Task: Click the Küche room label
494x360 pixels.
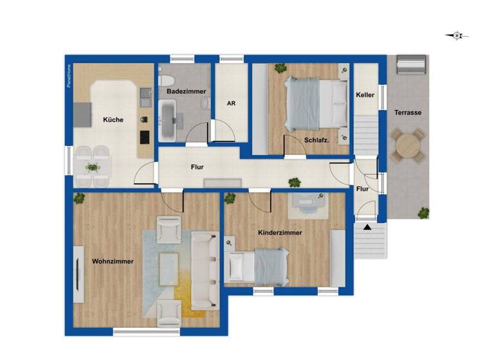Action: (x=113, y=120)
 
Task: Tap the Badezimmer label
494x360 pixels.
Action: (x=186, y=92)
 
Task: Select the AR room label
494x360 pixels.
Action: (x=230, y=103)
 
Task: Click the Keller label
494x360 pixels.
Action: (x=365, y=95)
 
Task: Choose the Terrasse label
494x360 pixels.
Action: (x=408, y=113)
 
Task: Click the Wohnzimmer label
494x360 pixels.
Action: (x=113, y=261)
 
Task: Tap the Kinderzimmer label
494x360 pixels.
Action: (x=280, y=233)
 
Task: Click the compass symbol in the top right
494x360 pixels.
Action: (x=457, y=36)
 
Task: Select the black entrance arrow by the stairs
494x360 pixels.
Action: (x=367, y=227)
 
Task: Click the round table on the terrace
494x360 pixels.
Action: (x=408, y=145)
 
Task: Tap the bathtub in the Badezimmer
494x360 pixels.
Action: (x=169, y=124)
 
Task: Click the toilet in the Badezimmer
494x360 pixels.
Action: (x=166, y=82)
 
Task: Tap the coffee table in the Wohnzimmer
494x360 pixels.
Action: (x=170, y=266)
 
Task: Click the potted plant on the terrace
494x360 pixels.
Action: (x=423, y=213)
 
